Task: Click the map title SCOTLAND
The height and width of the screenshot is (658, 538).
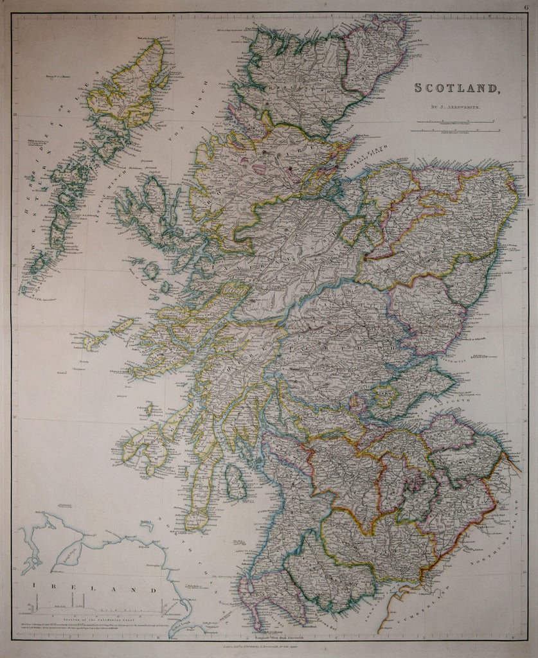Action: coord(456,88)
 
